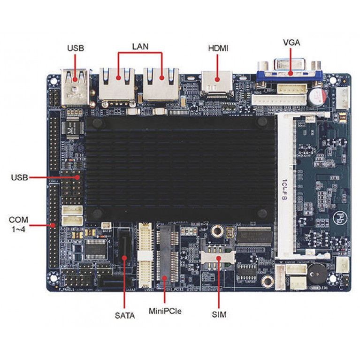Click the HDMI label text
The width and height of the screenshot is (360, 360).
coord(218,48)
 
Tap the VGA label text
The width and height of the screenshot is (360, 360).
coord(291,43)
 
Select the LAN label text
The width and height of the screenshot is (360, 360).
coord(140,46)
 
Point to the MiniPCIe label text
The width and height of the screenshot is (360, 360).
coord(165,311)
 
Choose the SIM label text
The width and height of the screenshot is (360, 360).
coord(219,314)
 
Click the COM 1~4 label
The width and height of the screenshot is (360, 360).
coord(18,224)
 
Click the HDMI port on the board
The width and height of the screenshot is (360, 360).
coord(216,83)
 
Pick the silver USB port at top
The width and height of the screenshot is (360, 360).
coord(75,87)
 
